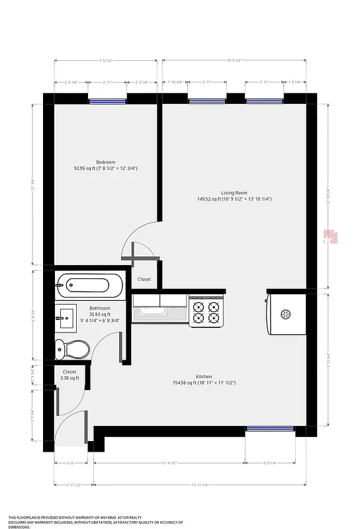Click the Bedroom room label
[x=106, y=163]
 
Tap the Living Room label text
[x=234, y=193]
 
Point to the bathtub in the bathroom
[x=89, y=286]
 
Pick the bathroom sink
[x=67, y=318]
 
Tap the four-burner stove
[x=205, y=311]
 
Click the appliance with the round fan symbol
[x=286, y=314]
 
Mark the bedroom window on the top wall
[x=108, y=101]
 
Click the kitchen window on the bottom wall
[x=269, y=429]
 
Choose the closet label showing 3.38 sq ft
[x=69, y=375]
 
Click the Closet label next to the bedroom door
[x=144, y=279]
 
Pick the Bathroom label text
[x=100, y=308]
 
